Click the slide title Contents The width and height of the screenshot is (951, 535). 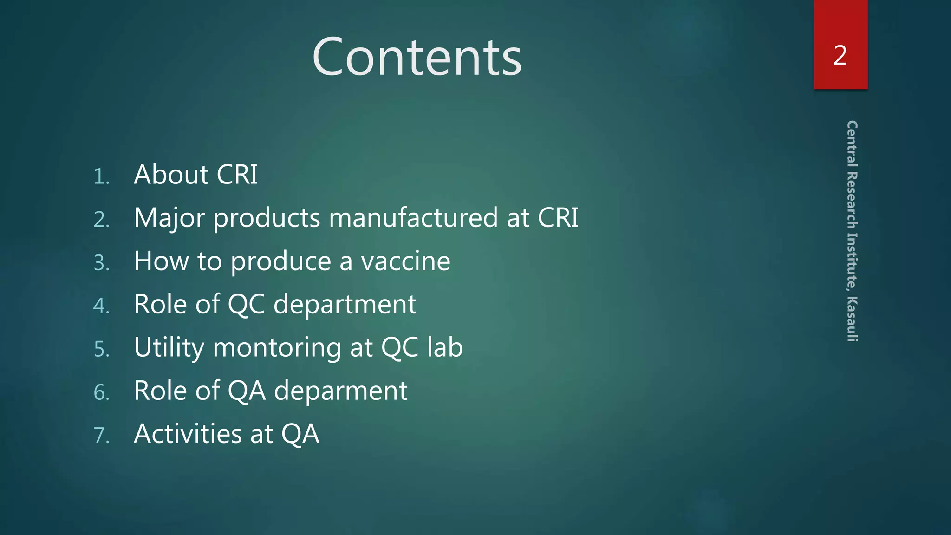click(x=417, y=57)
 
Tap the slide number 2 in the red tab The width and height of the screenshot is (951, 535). click(x=840, y=56)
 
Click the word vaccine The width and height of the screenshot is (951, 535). click(x=405, y=261)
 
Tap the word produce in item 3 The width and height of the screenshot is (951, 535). click(x=281, y=262)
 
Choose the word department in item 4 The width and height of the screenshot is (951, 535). click(x=345, y=305)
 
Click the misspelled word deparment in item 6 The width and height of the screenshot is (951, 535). click(x=341, y=391)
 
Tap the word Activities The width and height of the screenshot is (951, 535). click(x=188, y=434)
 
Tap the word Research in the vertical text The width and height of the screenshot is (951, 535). click(x=852, y=200)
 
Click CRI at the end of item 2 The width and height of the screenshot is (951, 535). click(x=558, y=218)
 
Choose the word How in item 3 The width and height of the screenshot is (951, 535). click(x=161, y=261)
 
